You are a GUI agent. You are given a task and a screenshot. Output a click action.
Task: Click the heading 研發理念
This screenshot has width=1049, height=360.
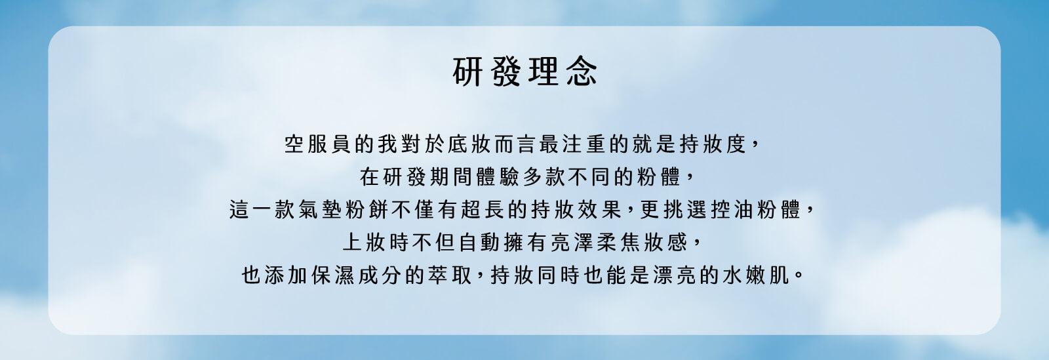pyautogui.click(x=524, y=71)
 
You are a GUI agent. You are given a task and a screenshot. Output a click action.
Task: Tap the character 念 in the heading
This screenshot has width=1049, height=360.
pyautogui.click(x=582, y=71)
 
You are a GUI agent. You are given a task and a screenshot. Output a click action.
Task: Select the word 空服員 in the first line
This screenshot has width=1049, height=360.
pyautogui.click(x=317, y=144)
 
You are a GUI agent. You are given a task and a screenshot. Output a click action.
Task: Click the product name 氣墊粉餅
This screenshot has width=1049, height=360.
pyautogui.click(x=342, y=209)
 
